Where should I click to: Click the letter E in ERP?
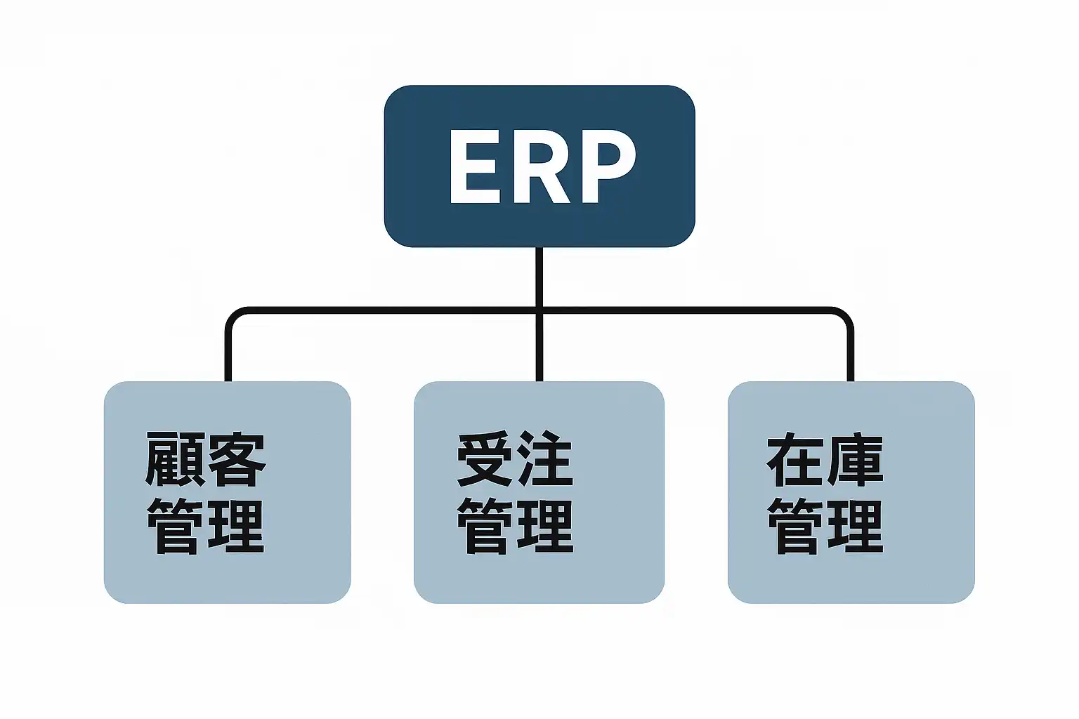[x=472, y=166]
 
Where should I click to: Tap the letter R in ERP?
[x=539, y=166]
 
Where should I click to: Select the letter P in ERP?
[x=605, y=166]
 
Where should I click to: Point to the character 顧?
[x=174, y=460]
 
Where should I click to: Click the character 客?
[x=237, y=460]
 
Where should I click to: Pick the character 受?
[x=484, y=460]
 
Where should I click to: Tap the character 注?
[x=546, y=460]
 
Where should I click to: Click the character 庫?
[x=856, y=460]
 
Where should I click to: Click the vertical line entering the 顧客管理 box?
[x=228, y=355]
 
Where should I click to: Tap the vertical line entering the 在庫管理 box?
[x=850, y=355]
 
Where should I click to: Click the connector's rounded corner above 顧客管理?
[x=233, y=315]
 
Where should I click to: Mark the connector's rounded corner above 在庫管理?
[x=845, y=315]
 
